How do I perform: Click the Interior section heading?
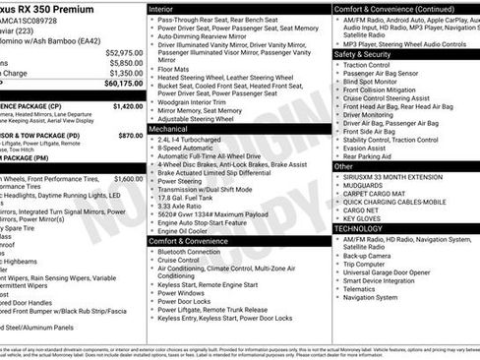[x=161, y=8]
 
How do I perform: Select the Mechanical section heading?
[x=168, y=128]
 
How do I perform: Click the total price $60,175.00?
[x=123, y=84]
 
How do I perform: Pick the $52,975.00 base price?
[x=123, y=52]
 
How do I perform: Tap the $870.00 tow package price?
[x=130, y=135]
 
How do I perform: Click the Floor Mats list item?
[x=175, y=69]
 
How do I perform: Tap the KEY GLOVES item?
[x=362, y=218]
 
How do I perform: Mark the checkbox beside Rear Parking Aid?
[x=336, y=156]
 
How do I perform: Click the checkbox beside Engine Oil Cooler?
[x=152, y=230]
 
